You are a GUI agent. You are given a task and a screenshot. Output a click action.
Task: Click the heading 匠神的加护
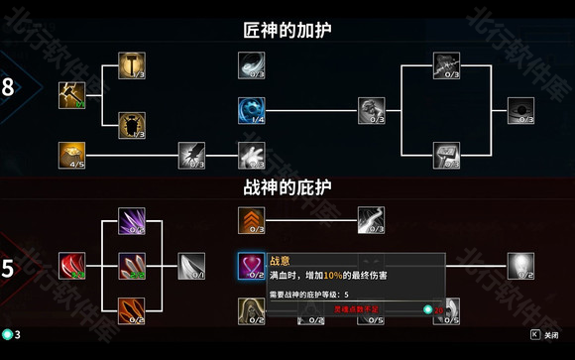click(x=287, y=31)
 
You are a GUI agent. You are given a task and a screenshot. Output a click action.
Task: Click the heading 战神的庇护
click(x=287, y=187)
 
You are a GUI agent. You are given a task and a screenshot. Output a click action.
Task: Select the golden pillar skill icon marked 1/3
click(x=132, y=64)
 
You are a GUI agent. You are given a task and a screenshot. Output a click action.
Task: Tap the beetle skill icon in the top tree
click(x=132, y=124)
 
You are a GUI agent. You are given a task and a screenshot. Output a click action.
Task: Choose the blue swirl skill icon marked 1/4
click(x=251, y=109)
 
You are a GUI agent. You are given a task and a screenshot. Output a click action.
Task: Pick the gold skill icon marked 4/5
click(x=71, y=154)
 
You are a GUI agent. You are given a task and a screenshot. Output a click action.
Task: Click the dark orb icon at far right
click(x=520, y=109)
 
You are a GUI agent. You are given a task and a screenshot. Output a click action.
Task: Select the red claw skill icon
click(x=71, y=265)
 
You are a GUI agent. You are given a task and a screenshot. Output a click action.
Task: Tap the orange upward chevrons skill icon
click(x=251, y=219)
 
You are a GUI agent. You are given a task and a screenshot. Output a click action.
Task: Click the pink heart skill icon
click(x=251, y=264)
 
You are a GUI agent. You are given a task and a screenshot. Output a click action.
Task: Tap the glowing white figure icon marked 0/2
click(x=520, y=264)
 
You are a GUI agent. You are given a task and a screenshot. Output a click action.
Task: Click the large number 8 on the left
click(x=9, y=87)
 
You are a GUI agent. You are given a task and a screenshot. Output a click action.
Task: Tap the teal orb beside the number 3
click(x=6, y=335)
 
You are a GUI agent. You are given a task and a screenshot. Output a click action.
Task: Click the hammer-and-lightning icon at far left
click(x=71, y=94)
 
